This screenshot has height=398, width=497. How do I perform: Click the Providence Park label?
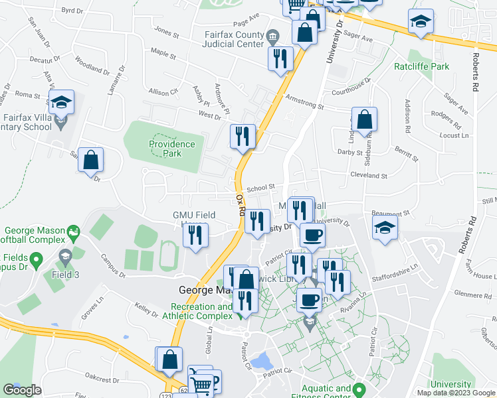click(x=172, y=149)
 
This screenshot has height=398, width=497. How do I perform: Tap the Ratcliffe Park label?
click(x=421, y=66)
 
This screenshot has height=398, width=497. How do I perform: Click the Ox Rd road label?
click(x=241, y=205)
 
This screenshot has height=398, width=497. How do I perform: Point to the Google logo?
click(x=22, y=390)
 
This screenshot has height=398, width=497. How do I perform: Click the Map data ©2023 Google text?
click(x=456, y=393)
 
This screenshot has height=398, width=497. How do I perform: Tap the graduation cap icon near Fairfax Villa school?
click(x=61, y=103)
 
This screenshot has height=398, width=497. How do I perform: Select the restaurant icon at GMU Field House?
click(x=195, y=235)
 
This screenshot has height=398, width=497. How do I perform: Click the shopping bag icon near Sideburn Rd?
click(x=365, y=121)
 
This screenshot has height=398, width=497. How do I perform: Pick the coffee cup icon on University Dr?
click(x=312, y=235)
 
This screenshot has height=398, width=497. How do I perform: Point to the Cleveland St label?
click(x=369, y=176)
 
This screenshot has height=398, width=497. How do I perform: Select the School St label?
click(x=260, y=188)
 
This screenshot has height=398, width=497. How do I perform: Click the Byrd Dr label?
click(x=72, y=11)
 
